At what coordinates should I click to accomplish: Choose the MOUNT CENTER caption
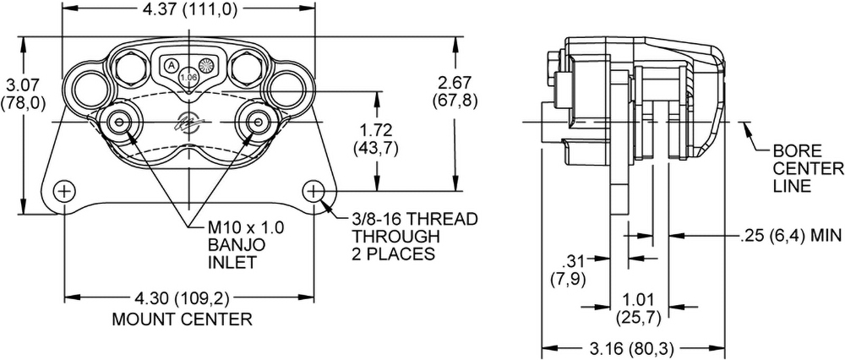pos(182,319)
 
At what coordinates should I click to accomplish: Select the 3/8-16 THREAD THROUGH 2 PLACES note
pos(415,236)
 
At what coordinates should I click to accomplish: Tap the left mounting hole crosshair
pos(65,190)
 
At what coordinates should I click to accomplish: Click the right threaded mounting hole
pos(313,190)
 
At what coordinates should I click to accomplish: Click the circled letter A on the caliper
pos(171,65)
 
